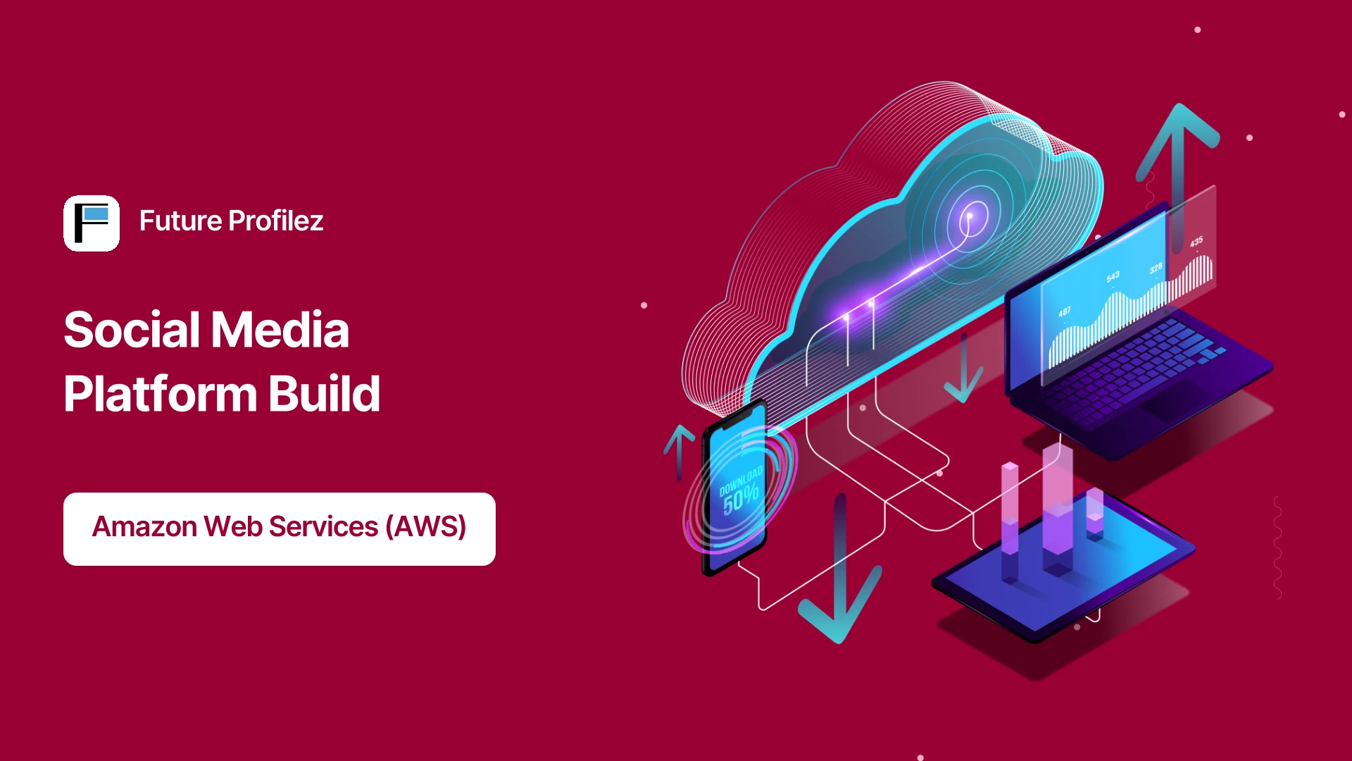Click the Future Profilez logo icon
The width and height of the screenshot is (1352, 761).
92,223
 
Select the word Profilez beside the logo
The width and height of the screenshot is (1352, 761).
276,221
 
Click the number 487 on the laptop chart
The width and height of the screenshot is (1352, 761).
1064,311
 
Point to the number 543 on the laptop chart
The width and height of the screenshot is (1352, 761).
1113,276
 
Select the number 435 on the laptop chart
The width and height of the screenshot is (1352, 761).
1196,242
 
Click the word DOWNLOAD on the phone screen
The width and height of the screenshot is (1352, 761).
741,479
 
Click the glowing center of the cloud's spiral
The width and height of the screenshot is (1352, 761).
970,216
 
